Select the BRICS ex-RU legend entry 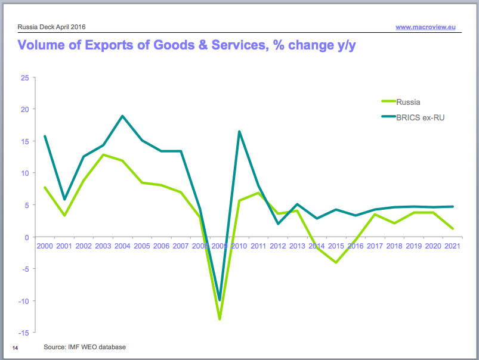419,117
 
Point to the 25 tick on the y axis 24,77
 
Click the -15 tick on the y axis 23,333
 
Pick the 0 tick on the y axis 26,237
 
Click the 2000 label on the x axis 45,246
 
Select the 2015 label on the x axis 336,246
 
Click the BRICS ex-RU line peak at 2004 122,116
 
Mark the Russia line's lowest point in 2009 220,319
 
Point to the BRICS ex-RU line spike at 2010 239,132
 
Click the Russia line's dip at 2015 336,262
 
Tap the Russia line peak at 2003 103,155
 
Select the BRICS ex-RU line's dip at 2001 64,199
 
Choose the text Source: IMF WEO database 85,347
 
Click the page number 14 15,347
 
